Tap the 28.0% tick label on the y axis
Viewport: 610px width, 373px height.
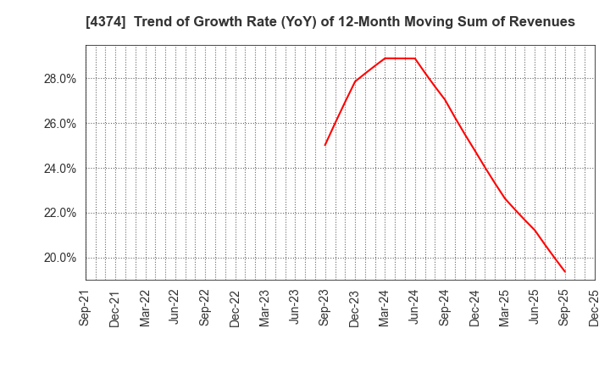tap(58, 79)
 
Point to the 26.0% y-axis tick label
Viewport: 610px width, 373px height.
tap(58, 124)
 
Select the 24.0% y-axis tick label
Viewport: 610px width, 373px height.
tap(58, 169)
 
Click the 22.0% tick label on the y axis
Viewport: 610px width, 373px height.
tap(58, 214)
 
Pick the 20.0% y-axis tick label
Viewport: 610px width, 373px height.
tap(58, 259)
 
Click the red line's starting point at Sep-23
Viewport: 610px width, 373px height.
tap(324, 145)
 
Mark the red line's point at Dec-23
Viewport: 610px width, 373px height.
tap(355, 81)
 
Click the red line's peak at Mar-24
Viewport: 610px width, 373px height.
tap(385, 58)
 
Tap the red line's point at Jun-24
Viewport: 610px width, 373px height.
tap(415, 58)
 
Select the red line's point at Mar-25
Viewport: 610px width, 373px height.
tap(505, 198)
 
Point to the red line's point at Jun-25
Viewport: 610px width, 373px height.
tap(535, 230)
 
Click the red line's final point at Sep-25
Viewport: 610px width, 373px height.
tap(565, 272)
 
